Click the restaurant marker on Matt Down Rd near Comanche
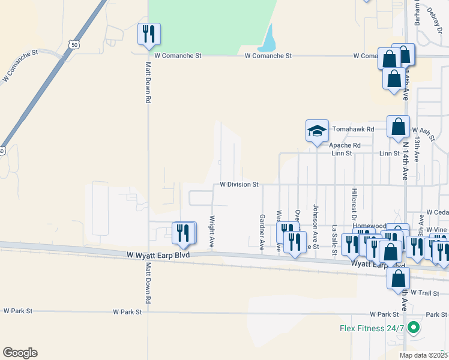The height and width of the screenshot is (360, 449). (149, 34)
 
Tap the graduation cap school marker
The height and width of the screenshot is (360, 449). (317, 131)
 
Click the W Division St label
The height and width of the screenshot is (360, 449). (239, 185)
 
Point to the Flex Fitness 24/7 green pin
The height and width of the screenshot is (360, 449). (412, 328)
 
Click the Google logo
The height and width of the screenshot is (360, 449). (20, 353)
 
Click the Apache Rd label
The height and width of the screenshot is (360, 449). (345, 145)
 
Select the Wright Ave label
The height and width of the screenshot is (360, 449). (212, 232)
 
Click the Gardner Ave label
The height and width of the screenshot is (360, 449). (262, 232)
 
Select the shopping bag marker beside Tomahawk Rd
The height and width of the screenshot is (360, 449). (398, 127)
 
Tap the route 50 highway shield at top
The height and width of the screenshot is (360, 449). (73, 44)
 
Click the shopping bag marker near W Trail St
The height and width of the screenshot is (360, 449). (398, 278)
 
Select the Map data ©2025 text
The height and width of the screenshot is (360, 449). (423, 355)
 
